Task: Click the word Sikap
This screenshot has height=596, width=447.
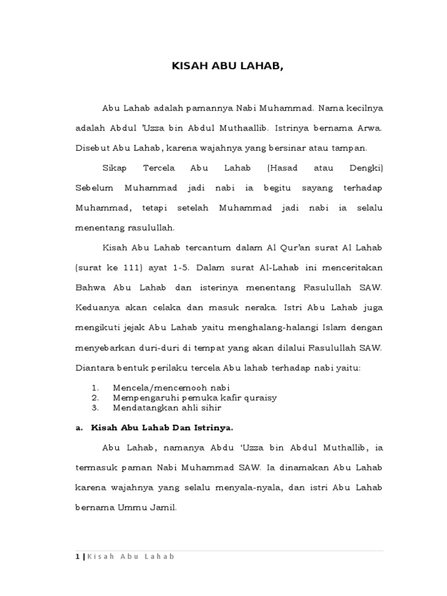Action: click(115, 168)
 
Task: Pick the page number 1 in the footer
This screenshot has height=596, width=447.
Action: click(77, 556)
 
